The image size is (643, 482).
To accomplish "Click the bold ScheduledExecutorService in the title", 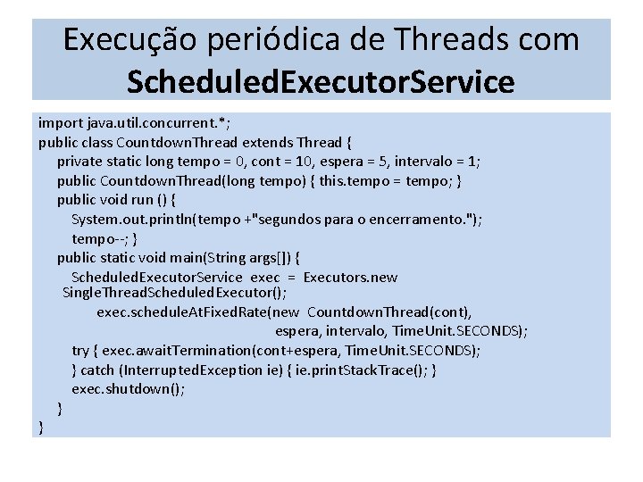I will pyautogui.click(x=321, y=82).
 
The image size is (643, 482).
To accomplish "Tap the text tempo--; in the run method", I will pyautogui.click(x=100, y=239).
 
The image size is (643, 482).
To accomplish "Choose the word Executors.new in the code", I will pyautogui.click(x=350, y=278).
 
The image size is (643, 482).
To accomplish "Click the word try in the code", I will pyautogui.click(x=80, y=350).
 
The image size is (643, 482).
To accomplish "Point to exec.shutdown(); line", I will pyautogui.click(x=128, y=389).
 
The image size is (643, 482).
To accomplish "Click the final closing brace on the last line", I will pyautogui.click(x=41, y=428).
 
